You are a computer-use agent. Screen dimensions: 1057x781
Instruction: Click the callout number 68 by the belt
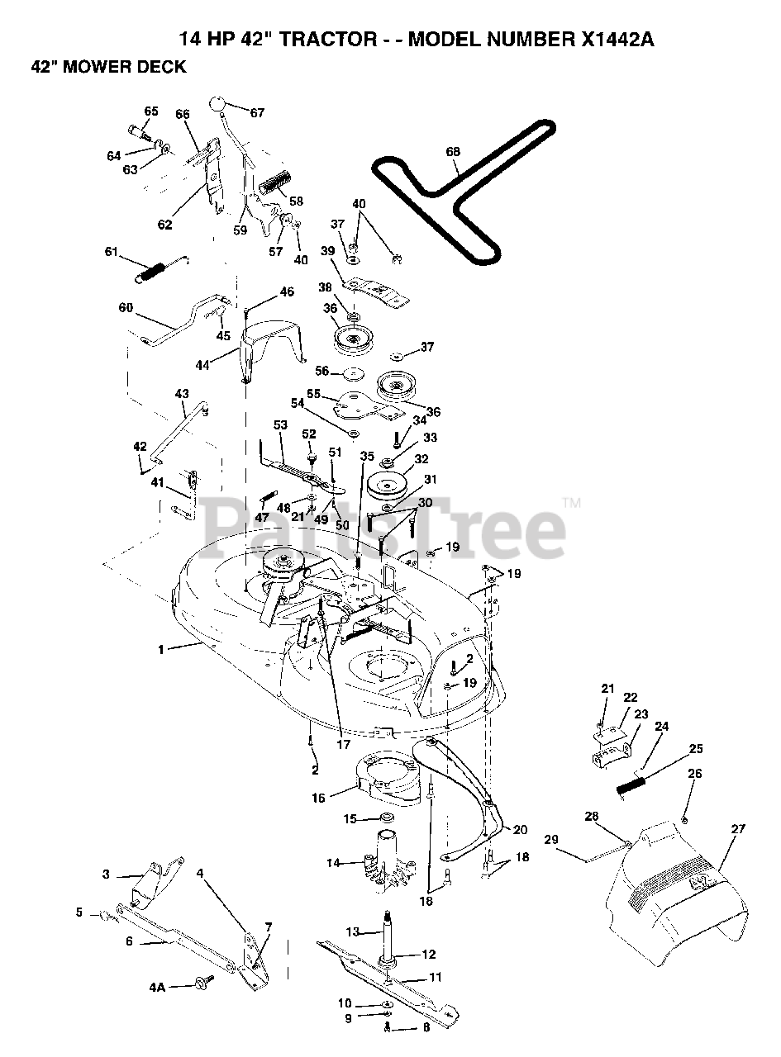pos(453,152)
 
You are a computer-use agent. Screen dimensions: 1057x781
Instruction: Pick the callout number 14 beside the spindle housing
pos(333,863)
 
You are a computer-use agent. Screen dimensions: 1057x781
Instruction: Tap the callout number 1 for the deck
pos(162,650)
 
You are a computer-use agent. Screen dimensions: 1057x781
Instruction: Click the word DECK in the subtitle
pos(163,68)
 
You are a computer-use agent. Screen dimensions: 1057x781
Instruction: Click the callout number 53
pos(281,424)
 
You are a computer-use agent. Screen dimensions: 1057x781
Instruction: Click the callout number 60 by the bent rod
pos(126,307)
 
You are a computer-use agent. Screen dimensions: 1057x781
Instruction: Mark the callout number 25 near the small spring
pos(696,748)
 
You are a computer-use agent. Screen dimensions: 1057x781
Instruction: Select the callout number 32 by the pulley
pos(422,460)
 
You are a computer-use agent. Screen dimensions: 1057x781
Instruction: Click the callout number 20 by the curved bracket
pos(519,830)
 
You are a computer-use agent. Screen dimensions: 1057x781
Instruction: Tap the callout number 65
pos(151,111)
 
